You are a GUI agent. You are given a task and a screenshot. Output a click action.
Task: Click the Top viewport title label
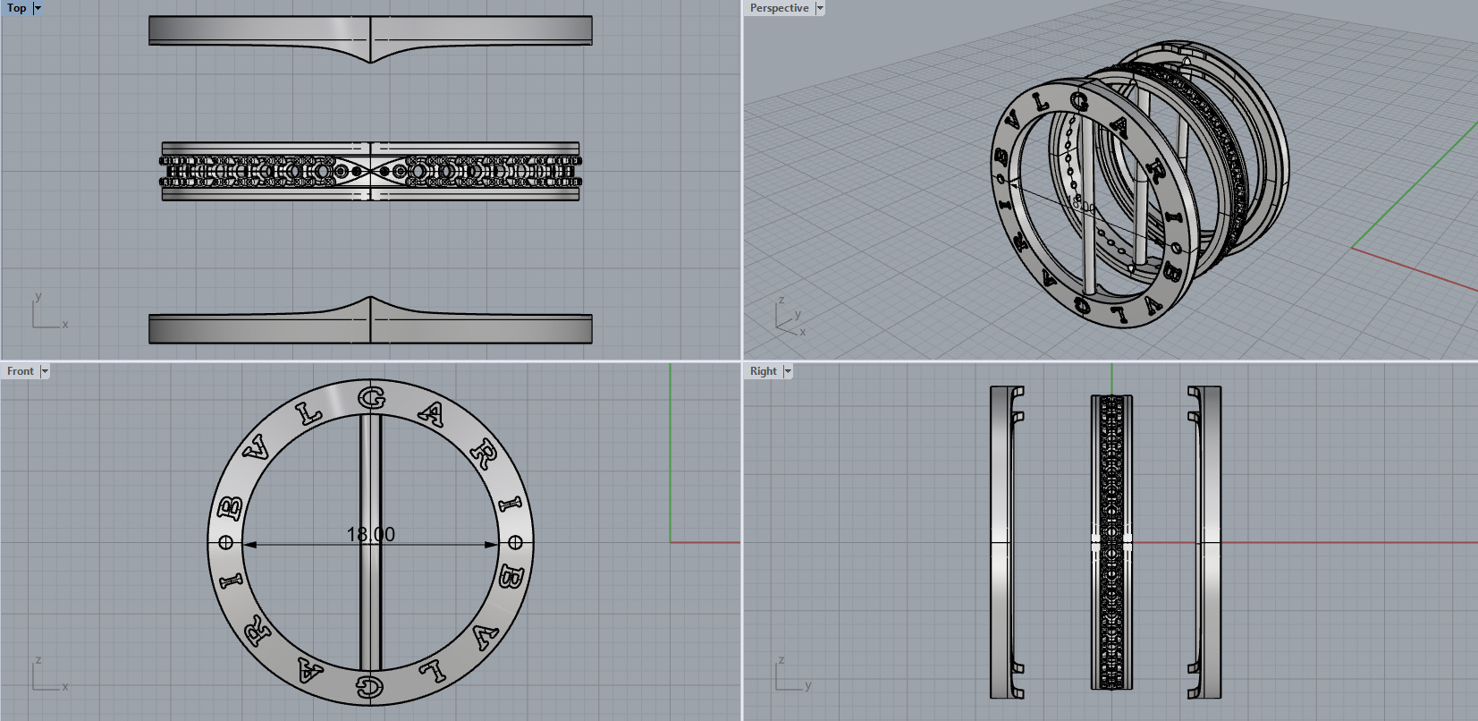16,8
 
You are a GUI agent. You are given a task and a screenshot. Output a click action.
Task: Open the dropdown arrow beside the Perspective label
820,8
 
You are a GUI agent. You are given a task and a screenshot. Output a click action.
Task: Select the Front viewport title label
20,371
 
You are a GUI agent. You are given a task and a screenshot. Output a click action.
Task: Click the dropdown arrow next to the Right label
788,371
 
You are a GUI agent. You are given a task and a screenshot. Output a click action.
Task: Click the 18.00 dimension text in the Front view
370,534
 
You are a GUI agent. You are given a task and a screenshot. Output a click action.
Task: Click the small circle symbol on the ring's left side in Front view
225,542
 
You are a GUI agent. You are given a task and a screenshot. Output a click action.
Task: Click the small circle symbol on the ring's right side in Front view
515,542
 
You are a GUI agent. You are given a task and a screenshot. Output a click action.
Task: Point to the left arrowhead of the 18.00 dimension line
249,544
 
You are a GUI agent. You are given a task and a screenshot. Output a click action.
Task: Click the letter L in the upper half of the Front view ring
309,414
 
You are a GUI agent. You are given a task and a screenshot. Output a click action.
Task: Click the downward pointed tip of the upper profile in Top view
370,61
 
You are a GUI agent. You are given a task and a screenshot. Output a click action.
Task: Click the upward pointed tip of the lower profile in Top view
370,299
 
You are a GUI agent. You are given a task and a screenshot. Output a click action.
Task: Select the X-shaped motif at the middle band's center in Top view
370,170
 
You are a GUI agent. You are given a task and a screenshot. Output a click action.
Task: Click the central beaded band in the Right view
1111,542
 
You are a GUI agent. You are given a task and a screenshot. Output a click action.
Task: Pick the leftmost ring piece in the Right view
1002,542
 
